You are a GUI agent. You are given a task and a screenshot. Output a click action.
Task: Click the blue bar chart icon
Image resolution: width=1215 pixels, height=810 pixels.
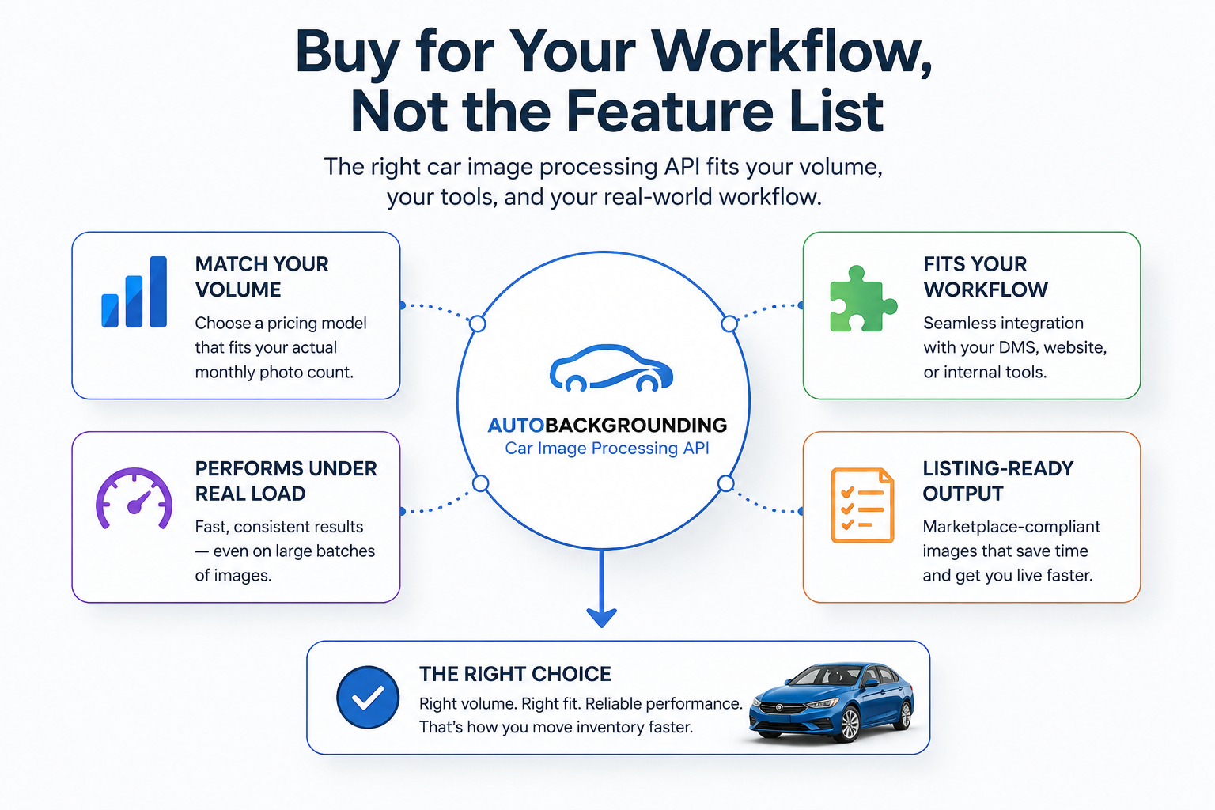coord(134,292)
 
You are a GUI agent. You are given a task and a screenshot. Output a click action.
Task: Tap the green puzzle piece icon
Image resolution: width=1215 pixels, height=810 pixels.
coord(863,299)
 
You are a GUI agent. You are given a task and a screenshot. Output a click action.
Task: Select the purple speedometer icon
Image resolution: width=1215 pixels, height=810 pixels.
coord(134,498)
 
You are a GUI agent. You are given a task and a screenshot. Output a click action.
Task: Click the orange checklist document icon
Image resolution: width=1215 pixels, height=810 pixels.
coord(862,505)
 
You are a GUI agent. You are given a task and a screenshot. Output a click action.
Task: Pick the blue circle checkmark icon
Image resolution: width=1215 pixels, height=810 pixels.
coord(368,697)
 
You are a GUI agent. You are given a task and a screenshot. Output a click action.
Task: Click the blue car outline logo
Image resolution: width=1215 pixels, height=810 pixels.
coord(611,368)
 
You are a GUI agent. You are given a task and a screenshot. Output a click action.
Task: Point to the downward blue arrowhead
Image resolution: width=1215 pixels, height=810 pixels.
coord(601,618)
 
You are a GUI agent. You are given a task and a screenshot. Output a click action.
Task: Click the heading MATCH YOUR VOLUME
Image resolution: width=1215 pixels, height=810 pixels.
coord(262,277)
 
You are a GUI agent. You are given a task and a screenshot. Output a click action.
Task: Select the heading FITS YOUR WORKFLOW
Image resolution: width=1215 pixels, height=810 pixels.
coord(986,277)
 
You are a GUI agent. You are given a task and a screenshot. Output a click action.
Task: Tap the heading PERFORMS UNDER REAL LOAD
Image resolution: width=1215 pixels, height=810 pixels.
coord(286,481)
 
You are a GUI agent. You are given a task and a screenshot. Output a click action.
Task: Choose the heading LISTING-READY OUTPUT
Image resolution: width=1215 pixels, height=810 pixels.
coord(998,481)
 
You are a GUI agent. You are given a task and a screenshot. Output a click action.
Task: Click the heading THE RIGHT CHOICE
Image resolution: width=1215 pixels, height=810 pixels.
coord(515,674)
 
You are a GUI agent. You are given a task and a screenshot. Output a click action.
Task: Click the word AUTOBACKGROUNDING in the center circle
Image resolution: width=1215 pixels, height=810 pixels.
coord(607,426)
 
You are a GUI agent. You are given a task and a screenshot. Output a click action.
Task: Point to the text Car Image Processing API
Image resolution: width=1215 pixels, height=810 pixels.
coord(607,449)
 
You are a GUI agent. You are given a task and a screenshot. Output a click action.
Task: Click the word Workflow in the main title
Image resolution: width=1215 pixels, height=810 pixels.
coord(791,53)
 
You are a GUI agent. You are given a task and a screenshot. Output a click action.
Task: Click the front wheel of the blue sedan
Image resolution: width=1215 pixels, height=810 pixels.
coord(850,725)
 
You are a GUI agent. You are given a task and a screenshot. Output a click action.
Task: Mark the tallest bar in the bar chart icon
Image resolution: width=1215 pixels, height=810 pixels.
coord(158,292)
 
